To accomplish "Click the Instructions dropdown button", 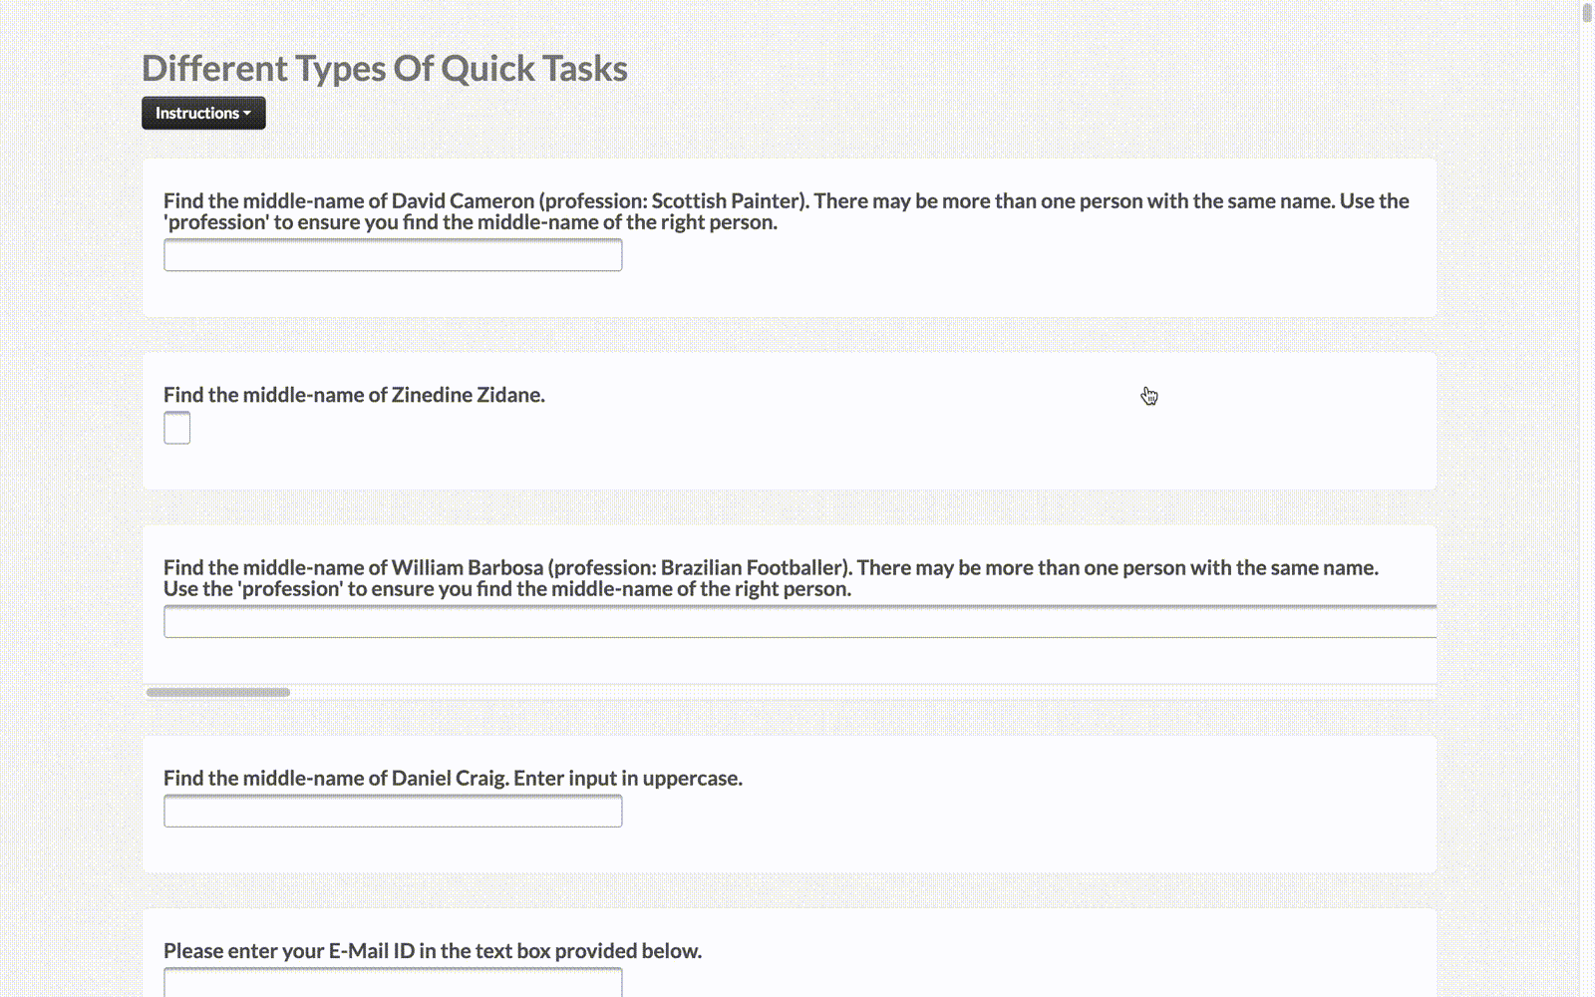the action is pos(203,114).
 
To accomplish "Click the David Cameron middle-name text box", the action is pos(393,255).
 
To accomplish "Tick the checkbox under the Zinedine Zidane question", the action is pos(177,428).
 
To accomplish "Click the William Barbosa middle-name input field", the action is pos(800,622).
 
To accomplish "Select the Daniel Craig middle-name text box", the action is pos(393,812).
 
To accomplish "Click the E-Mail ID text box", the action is pos(393,982).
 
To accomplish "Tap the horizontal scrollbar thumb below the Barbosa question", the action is pos(218,692).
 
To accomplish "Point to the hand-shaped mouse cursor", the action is pos(1149,396).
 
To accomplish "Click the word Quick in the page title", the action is pos(487,69).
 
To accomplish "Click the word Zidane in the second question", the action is pos(509,395).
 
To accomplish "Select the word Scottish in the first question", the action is pos(689,200).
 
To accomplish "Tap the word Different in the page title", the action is pos(215,69).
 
